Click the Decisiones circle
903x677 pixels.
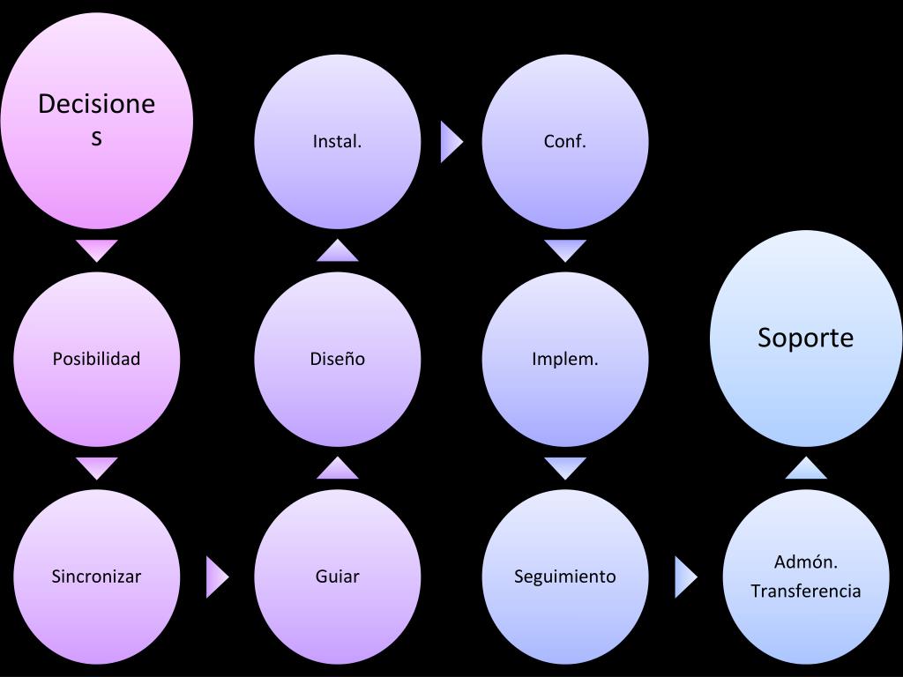click(97, 121)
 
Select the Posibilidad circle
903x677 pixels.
click(97, 359)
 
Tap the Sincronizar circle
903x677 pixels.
click(97, 577)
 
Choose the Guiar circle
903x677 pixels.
click(338, 577)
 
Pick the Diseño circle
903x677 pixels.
click(338, 359)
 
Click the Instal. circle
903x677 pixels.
click(338, 141)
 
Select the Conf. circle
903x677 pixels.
click(565, 141)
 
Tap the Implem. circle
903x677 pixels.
click(565, 359)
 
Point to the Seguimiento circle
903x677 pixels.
click(565, 577)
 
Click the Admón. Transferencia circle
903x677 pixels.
click(806, 577)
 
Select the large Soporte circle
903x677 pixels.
click(806, 338)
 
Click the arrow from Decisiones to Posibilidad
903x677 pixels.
click(97, 249)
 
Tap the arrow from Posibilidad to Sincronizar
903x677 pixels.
click(97, 467)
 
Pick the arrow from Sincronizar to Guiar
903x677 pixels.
click(216, 577)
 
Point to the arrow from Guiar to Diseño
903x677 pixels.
click(338, 469)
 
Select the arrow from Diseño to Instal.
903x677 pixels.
click(338, 251)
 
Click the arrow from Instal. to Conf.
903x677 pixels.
click(451, 141)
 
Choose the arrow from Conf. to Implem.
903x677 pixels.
click(565, 249)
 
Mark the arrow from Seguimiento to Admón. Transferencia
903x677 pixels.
click(685, 577)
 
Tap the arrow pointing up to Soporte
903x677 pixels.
click(806, 469)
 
